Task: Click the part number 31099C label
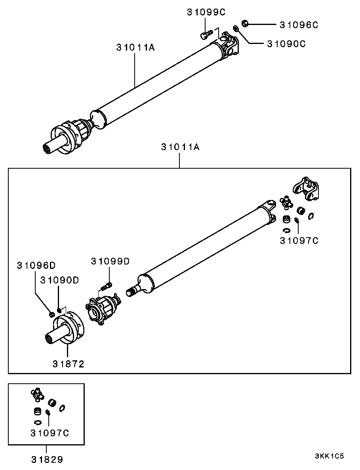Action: (x=206, y=12)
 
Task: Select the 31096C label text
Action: (x=299, y=25)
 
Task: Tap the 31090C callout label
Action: (x=286, y=44)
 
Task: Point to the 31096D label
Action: (x=36, y=265)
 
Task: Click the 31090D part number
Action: (x=59, y=280)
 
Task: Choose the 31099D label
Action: (x=110, y=261)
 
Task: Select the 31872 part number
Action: (x=69, y=364)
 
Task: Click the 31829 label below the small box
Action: (x=47, y=459)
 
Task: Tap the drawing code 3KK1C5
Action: (x=329, y=457)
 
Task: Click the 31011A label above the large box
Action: (x=180, y=147)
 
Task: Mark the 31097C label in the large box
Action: (x=299, y=240)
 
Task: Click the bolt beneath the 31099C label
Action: (x=206, y=34)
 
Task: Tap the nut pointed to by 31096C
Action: (x=245, y=23)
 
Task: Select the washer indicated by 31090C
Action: (x=236, y=29)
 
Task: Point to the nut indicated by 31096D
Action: (x=51, y=314)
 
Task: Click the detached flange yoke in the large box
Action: (x=305, y=188)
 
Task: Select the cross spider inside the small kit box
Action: (x=37, y=394)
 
